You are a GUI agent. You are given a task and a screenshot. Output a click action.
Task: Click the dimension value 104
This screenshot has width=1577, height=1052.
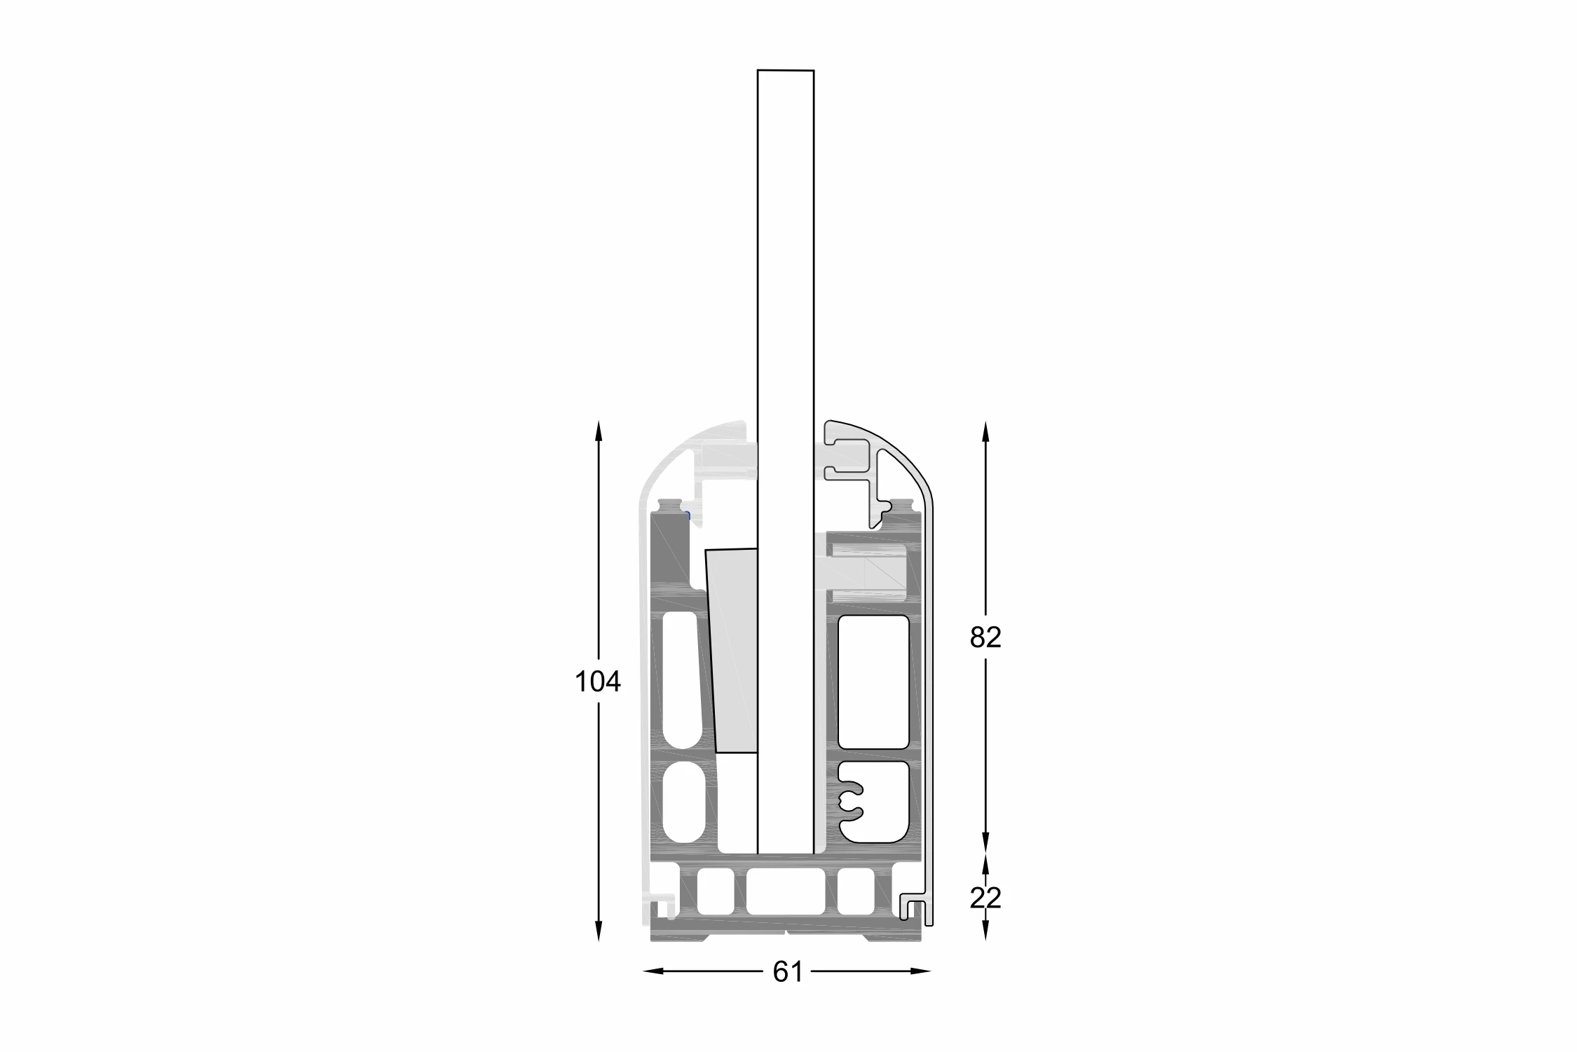(598, 682)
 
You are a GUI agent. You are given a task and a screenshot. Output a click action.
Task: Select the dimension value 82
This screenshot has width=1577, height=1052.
(985, 638)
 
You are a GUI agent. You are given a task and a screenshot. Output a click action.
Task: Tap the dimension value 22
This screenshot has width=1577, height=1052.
(985, 898)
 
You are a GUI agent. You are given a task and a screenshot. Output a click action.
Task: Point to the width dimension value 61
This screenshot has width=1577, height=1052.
(788, 971)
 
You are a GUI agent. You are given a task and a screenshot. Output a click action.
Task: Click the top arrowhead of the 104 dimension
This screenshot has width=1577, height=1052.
(598, 430)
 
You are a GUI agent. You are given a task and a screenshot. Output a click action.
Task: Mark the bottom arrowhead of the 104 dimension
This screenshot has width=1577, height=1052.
(598, 931)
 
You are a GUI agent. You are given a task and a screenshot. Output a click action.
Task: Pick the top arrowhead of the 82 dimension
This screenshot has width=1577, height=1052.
(985, 431)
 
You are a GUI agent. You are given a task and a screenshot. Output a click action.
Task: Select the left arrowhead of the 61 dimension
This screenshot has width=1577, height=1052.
(653, 971)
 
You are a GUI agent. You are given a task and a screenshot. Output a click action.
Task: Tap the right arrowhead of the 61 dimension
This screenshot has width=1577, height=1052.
(921, 971)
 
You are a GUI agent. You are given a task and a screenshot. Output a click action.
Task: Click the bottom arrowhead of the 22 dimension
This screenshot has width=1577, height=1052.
(985, 931)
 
